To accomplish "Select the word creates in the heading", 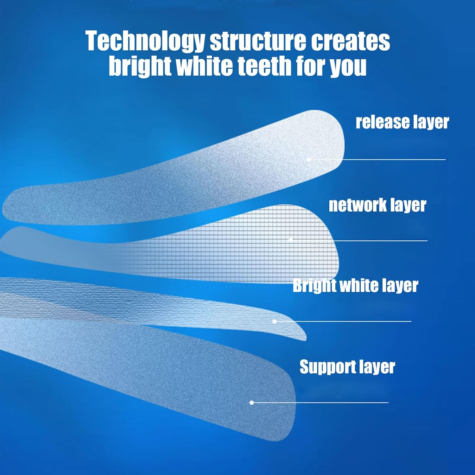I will click(x=350, y=41).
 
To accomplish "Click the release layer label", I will click(x=402, y=122).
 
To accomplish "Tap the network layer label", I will click(x=377, y=205).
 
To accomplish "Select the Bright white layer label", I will click(x=355, y=286).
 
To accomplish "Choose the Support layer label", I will click(x=347, y=367).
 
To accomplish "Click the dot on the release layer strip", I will click(x=309, y=159).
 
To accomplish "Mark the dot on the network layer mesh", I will click(x=291, y=240).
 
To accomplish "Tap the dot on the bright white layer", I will click(x=275, y=321).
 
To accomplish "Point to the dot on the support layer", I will click(x=252, y=402).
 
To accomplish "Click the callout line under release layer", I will click(x=380, y=159).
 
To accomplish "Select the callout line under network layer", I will click(x=361, y=241).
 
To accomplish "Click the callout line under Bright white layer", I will click(x=345, y=321).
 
